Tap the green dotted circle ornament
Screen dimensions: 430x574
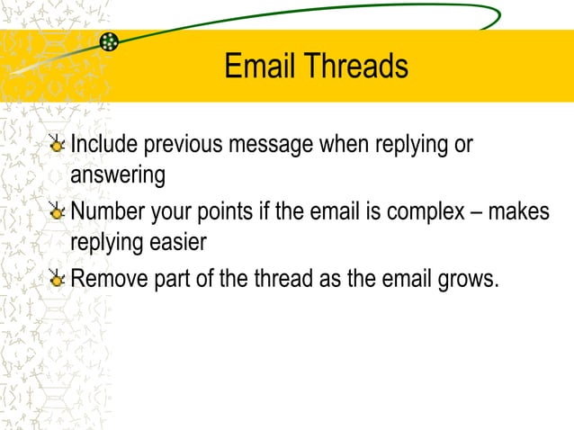[x=109, y=41]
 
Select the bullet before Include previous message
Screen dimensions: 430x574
[x=58, y=145]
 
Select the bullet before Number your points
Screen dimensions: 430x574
[x=58, y=212]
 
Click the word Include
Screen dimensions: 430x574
[x=104, y=144]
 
